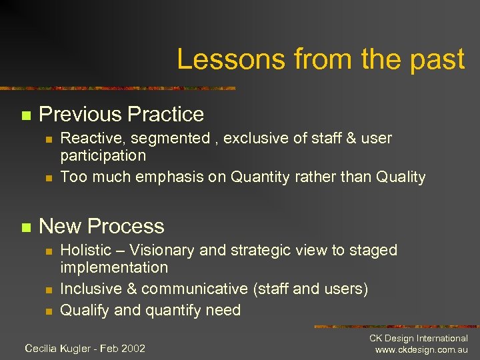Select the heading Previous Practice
click(x=121, y=114)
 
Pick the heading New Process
click(x=101, y=226)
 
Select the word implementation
click(x=114, y=267)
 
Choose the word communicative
click(x=195, y=289)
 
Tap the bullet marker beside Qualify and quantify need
click(x=47, y=311)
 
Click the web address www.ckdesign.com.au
click(x=421, y=350)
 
